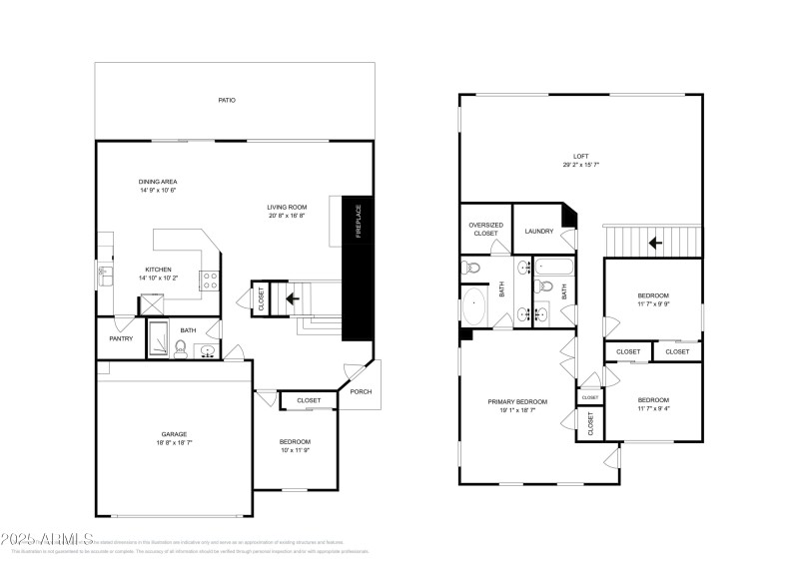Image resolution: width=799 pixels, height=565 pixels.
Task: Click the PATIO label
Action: pyautogui.click(x=228, y=101)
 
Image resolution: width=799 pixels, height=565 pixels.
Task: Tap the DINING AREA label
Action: pyautogui.click(x=158, y=182)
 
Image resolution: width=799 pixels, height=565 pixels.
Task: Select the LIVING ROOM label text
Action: pyautogui.click(x=286, y=207)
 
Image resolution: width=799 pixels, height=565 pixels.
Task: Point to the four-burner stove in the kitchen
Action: pyautogui.click(x=210, y=281)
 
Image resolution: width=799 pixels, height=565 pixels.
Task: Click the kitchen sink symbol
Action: pyautogui.click(x=103, y=272)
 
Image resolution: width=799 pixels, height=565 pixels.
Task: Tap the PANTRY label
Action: pyautogui.click(x=121, y=338)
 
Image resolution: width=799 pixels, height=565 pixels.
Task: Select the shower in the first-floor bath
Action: pyautogui.click(x=159, y=339)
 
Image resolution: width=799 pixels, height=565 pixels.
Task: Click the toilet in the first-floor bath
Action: pyautogui.click(x=181, y=347)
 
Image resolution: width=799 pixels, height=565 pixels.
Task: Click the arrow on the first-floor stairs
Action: pyautogui.click(x=293, y=297)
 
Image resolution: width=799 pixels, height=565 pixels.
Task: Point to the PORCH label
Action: pyautogui.click(x=361, y=391)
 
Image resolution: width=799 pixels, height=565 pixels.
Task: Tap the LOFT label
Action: pyautogui.click(x=580, y=157)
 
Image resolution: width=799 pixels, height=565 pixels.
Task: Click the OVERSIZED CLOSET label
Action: pyautogui.click(x=485, y=229)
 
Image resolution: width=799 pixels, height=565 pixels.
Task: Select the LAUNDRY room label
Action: pyautogui.click(x=538, y=232)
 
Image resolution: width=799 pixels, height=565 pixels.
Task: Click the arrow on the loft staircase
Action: pyautogui.click(x=655, y=242)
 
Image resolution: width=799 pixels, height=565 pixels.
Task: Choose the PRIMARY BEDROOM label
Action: pyautogui.click(x=516, y=402)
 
